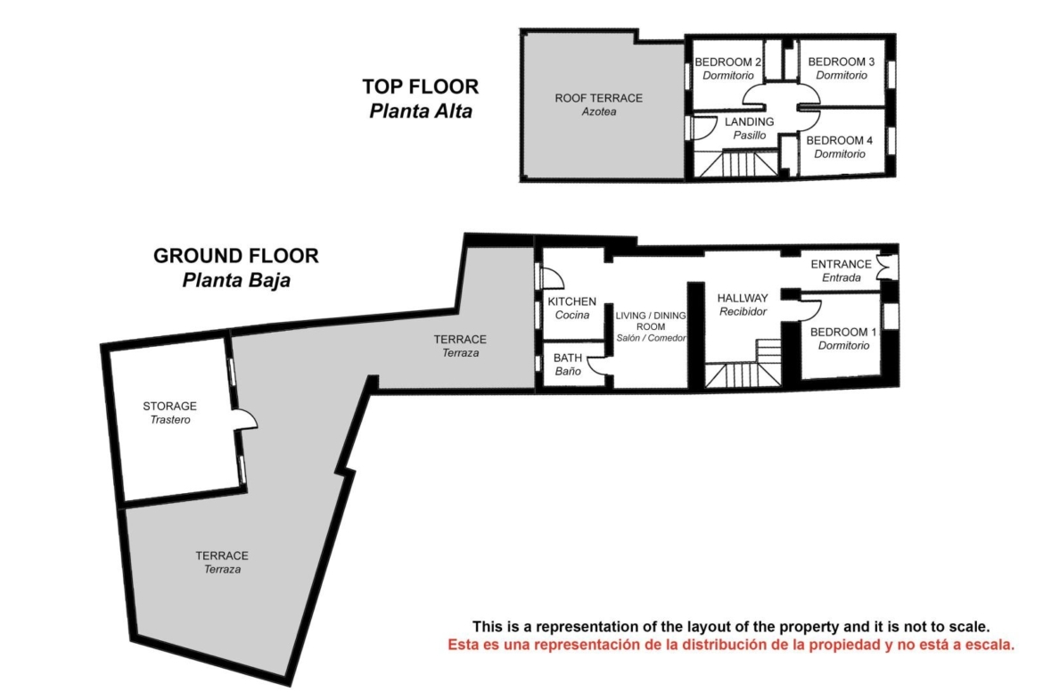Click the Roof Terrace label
tap(599, 104)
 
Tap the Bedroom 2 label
tap(727, 69)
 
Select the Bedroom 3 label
tap(842, 69)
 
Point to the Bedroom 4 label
tap(840, 147)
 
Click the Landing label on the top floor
tap(749, 128)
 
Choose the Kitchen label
tap(572, 308)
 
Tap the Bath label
tap(567, 365)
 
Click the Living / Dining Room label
tap(651, 326)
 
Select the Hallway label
tap(743, 305)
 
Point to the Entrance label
tap(841, 271)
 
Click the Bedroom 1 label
tap(843, 339)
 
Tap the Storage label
tap(169, 413)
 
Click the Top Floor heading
tap(421, 98)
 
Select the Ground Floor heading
tap(236, 268)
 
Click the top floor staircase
tap(737, 164)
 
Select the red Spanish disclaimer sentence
tap(731, 645)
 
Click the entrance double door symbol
tap(886, 267)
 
